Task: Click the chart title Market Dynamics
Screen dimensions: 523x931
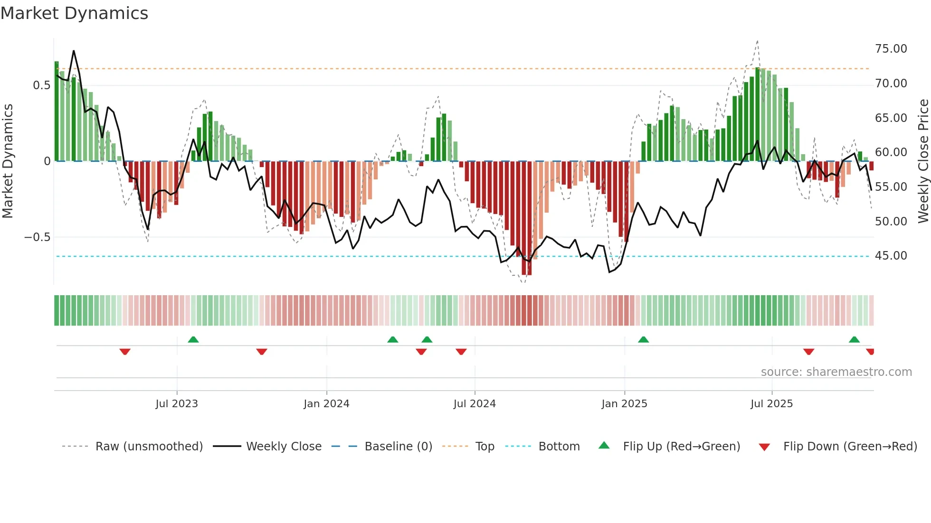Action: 75,13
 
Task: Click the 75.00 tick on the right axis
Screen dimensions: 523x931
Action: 891,49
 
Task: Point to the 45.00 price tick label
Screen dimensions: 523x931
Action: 891,256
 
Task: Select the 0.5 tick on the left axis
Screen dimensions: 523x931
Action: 41,85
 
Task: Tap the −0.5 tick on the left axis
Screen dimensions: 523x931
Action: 38,237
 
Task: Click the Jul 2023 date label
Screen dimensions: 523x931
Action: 177,404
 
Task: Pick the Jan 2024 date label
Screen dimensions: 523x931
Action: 326,404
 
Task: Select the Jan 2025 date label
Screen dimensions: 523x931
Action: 624,404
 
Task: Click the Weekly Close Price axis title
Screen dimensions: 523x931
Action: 923,161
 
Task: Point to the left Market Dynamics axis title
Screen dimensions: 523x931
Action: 8,161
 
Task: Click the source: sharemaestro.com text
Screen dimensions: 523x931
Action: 836,372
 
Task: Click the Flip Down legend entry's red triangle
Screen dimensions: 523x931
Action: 764,447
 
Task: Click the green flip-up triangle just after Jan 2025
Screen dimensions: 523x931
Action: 643,340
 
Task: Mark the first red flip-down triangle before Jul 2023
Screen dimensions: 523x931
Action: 125,352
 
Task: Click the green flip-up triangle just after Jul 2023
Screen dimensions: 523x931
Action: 193,340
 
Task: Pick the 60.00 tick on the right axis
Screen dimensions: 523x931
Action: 891,152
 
